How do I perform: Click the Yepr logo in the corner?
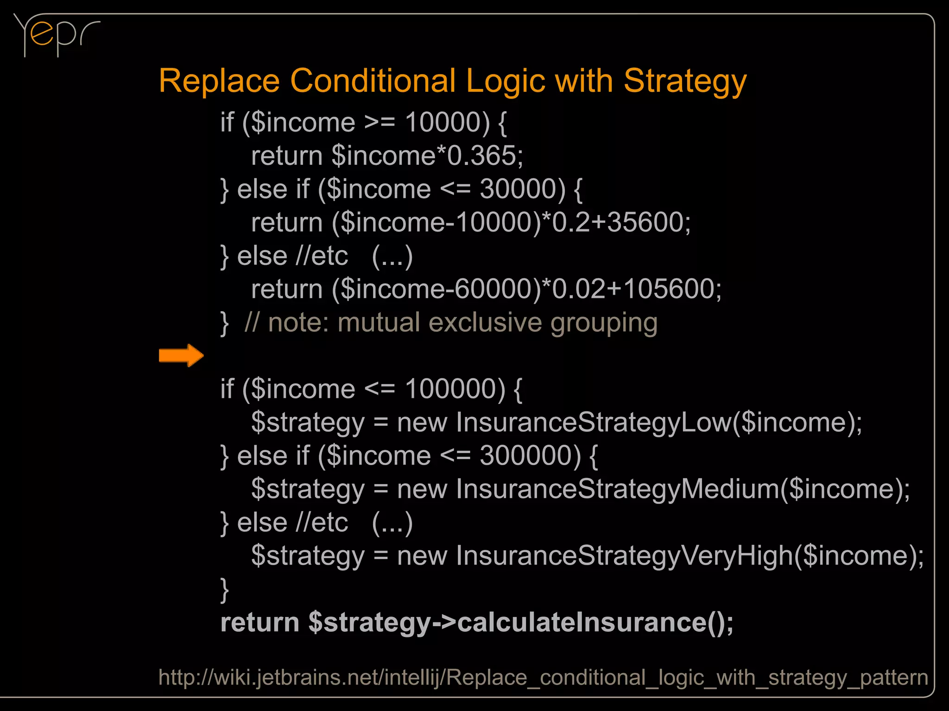(x=56, y=35)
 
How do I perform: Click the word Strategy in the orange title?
(x=685, y=81)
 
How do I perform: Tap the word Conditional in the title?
(x=373, y=81)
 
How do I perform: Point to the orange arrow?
(x=181, y=356)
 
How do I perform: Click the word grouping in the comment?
(x=603, y=323)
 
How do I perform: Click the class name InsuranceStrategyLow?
(x=593, y=422)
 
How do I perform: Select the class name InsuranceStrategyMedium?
(x=617, y=489)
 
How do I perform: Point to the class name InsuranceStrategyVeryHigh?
(x=624, y=556)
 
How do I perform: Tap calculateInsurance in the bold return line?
(x=582, y=623)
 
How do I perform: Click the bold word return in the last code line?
(x=259, y=623)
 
